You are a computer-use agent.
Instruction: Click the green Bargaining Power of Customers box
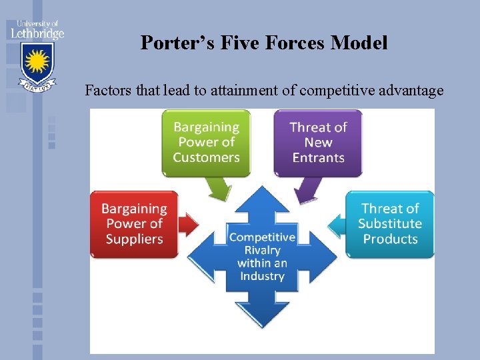(206, 142)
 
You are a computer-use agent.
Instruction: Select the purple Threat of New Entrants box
(318, 142)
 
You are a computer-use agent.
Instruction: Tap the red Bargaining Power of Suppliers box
(134, 224)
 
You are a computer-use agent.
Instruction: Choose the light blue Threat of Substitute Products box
(390, 224)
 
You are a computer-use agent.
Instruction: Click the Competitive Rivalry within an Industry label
(262, 256)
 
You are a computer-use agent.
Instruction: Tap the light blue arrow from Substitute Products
(336, 224)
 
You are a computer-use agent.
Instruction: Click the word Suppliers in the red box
(134, 239)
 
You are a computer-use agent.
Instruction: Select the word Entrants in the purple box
(318, 158)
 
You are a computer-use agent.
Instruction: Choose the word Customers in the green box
(206, 158)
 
